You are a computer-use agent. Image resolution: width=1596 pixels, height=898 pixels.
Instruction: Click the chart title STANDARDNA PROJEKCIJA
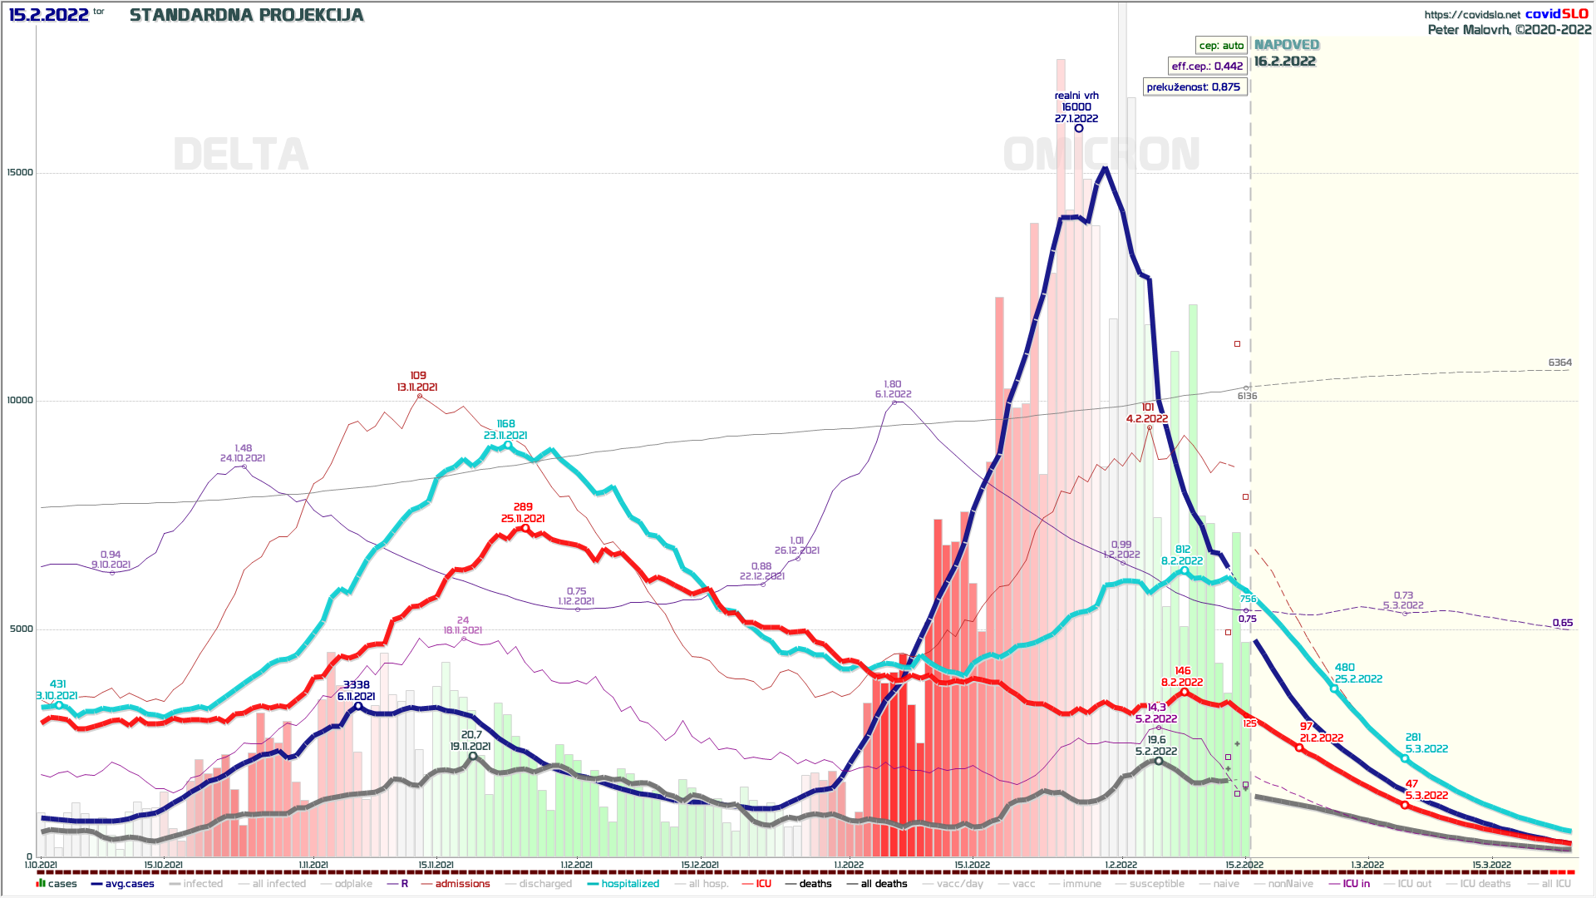tap(246, 15)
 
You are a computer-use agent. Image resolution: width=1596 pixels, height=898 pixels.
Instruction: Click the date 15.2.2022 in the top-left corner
tap(48, 15)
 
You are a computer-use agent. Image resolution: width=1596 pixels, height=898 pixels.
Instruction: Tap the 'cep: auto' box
tap(1221, 46)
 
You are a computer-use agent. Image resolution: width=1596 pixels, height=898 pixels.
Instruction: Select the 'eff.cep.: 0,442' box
tap(1207, 67)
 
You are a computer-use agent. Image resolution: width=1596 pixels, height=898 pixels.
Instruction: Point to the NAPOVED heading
tap(1286, 45)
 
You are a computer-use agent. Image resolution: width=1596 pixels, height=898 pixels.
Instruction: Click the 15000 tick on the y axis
tap(20, 173)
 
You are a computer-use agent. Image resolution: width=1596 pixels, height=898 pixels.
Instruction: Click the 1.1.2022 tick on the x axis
tap(848, 865)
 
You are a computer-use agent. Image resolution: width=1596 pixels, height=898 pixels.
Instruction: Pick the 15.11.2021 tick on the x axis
tap(436, 865)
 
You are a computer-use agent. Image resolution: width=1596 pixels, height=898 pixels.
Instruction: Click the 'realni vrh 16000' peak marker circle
tap(1079, 128)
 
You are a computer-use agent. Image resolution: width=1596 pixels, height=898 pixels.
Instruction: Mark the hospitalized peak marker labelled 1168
tap(508, 446)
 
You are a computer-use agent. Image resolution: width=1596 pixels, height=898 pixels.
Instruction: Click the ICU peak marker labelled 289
tap(525, 528)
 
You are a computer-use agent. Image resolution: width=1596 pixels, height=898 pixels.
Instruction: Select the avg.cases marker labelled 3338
tap(358, 707)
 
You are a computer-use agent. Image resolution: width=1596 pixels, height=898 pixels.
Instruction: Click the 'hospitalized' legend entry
tap(629, 884)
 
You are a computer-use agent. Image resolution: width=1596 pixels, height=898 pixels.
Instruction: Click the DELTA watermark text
tap(240, 155)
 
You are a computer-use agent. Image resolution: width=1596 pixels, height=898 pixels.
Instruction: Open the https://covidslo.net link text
tap(1472, 14)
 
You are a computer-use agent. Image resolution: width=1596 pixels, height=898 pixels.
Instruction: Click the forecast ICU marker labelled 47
tap(1405, 805)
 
